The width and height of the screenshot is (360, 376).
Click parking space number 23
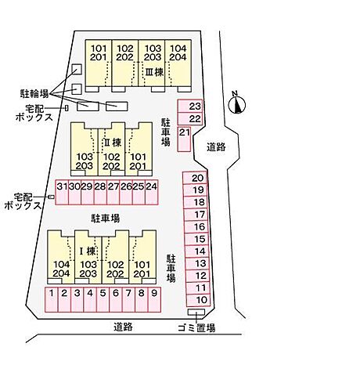[190, 107]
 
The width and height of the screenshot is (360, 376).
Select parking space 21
[184, 139]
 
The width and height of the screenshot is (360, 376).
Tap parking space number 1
[52, 300]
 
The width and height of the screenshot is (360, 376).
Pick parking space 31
[62, 192]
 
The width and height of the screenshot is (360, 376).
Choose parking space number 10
[199, 300]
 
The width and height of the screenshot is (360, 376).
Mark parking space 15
[196, 239]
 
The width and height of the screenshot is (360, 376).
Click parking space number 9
[154, 300]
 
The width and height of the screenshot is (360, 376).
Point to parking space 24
[152, 192]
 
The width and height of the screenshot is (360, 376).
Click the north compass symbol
[237, 104]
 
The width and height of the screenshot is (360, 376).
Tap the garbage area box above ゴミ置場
[196, 312]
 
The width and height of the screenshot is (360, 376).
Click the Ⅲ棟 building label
[154, 72]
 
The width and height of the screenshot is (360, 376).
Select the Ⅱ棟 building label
[113, 143]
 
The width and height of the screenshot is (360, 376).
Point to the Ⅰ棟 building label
[88, 251]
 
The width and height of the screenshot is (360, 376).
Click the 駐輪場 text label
[34, 93]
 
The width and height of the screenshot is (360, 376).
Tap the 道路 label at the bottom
[123, 327]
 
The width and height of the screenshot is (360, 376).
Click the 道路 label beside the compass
[216, 147]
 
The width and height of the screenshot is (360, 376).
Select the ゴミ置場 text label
[196, 327]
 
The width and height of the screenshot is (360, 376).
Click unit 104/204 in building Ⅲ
[178, 63]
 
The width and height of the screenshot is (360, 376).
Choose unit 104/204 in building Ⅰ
[61, 257]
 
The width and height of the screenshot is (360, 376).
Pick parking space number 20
[195, 178]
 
